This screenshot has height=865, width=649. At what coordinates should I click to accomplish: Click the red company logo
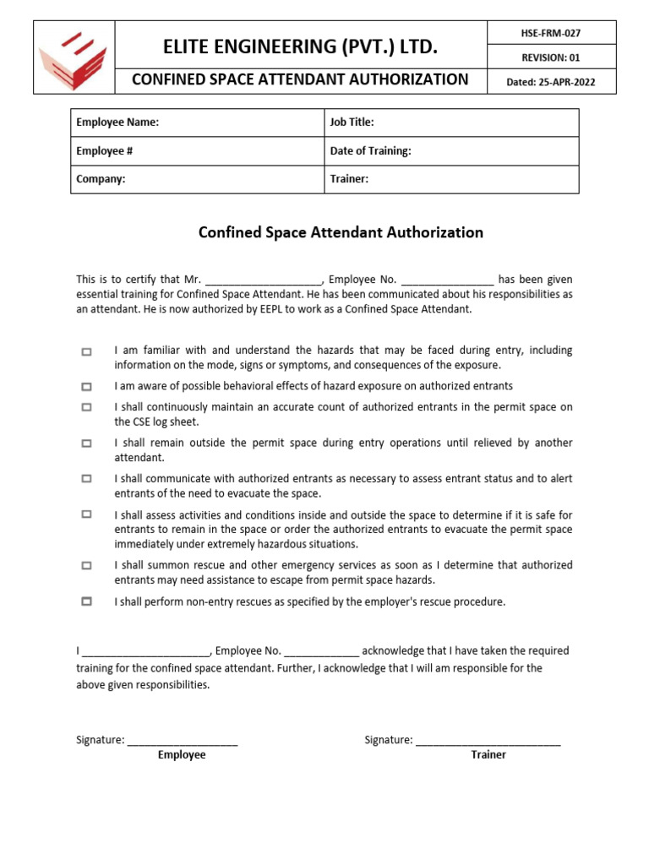click(x=73, y=58)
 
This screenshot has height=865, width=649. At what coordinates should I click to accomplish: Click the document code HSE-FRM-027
click(x=550, y=33)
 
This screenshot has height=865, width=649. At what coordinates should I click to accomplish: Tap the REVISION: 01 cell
click(x=550, y=57)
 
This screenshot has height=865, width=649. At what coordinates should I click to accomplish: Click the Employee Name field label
click(x=117, y=122)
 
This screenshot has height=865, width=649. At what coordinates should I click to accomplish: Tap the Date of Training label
click(x=371, y=151)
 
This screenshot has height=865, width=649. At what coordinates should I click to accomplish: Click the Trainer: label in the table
click(x=349, y=179)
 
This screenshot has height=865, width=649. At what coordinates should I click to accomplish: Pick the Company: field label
click(x=101, y=179)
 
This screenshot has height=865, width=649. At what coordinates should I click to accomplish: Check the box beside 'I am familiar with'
click(x=86, y=351)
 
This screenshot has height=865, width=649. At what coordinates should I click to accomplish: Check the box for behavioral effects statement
click(x=86, y=387)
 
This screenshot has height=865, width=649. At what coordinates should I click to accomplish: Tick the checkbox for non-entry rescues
click(x=86, y=602)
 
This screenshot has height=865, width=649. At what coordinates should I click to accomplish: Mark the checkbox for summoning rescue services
click(x=86, y=566)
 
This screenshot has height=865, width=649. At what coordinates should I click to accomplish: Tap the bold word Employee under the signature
click(x=182, y=755)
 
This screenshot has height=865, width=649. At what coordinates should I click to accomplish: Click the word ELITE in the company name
click(x=192, y=47)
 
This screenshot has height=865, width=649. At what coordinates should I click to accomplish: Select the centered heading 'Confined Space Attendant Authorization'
click(x=341, y=232)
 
